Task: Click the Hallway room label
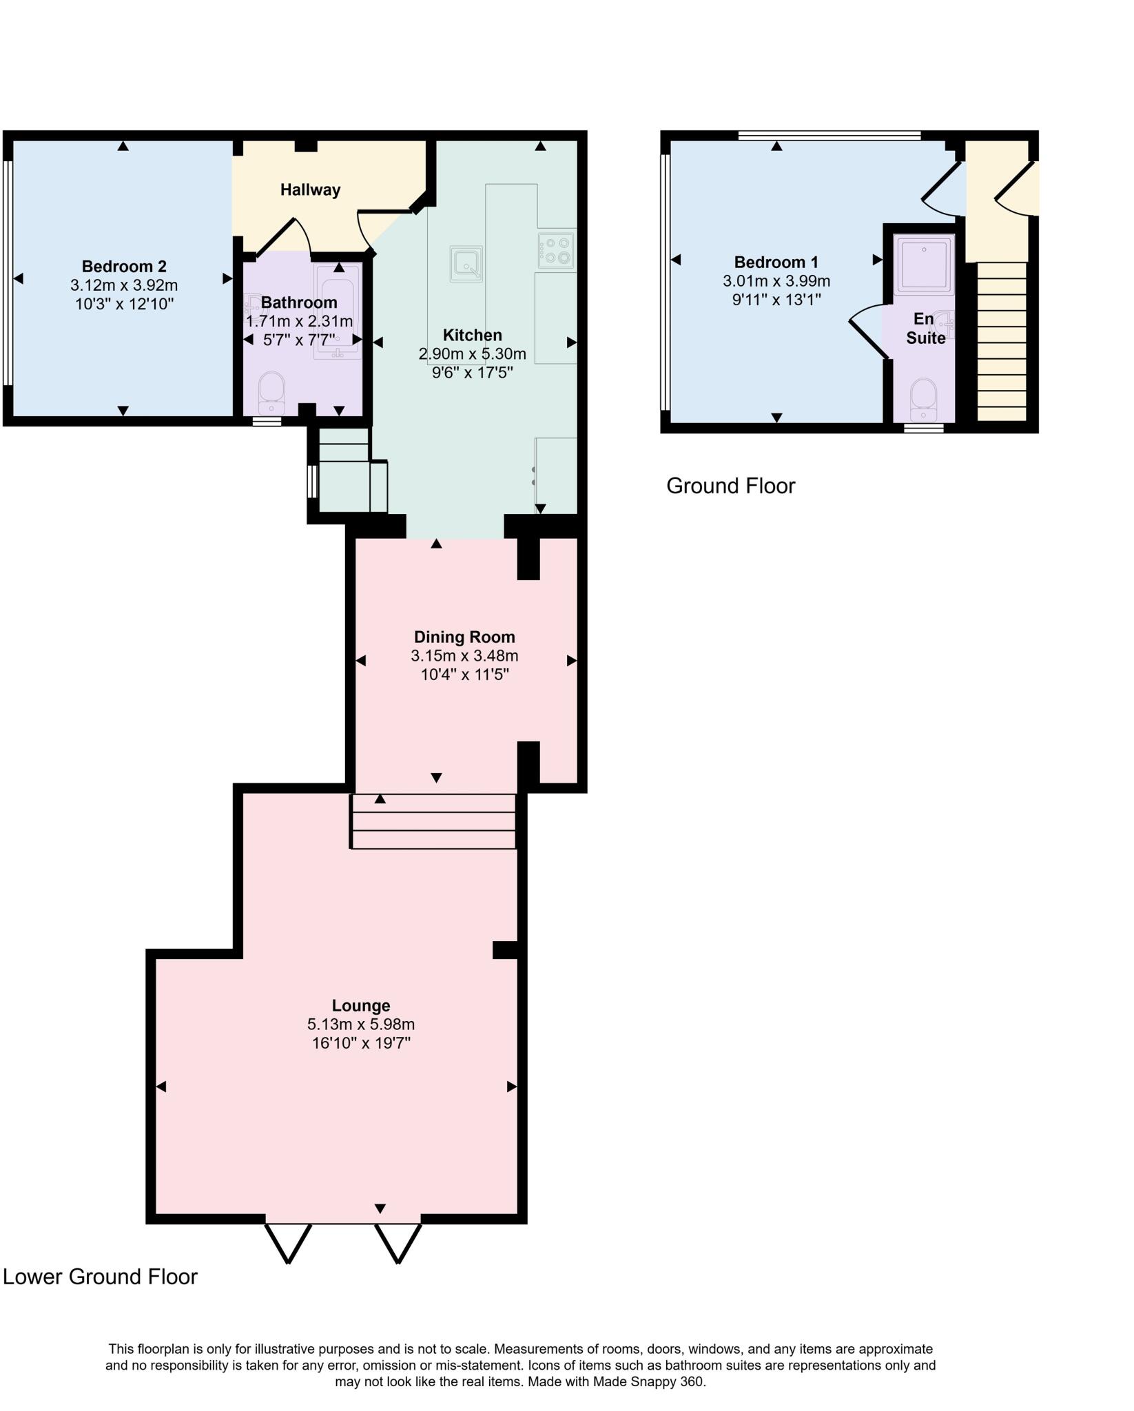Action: click(x=310, y=189)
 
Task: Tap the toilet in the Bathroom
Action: click(x=271, y=393)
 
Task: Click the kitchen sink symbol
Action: click(x=466, y=264)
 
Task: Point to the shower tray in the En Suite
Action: click(x=924, y=265)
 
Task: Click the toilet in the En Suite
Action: click(x=923, y=400)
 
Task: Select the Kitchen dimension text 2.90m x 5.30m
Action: click(x=472, y=354)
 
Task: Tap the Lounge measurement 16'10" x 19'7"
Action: click(x=361, y=1043)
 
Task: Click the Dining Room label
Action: click(x=464, y=637)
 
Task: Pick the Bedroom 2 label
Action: click(x=124, y=267)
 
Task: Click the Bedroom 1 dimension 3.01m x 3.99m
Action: click(x=776, y=281)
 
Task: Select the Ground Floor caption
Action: click(x=730, y=486)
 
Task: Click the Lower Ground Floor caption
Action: click(x=101, y=1277)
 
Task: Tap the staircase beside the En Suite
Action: click(x=1002, y=341)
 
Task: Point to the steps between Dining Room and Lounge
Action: click(x=433, y=821)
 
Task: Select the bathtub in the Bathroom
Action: click(x=338, y=311)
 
